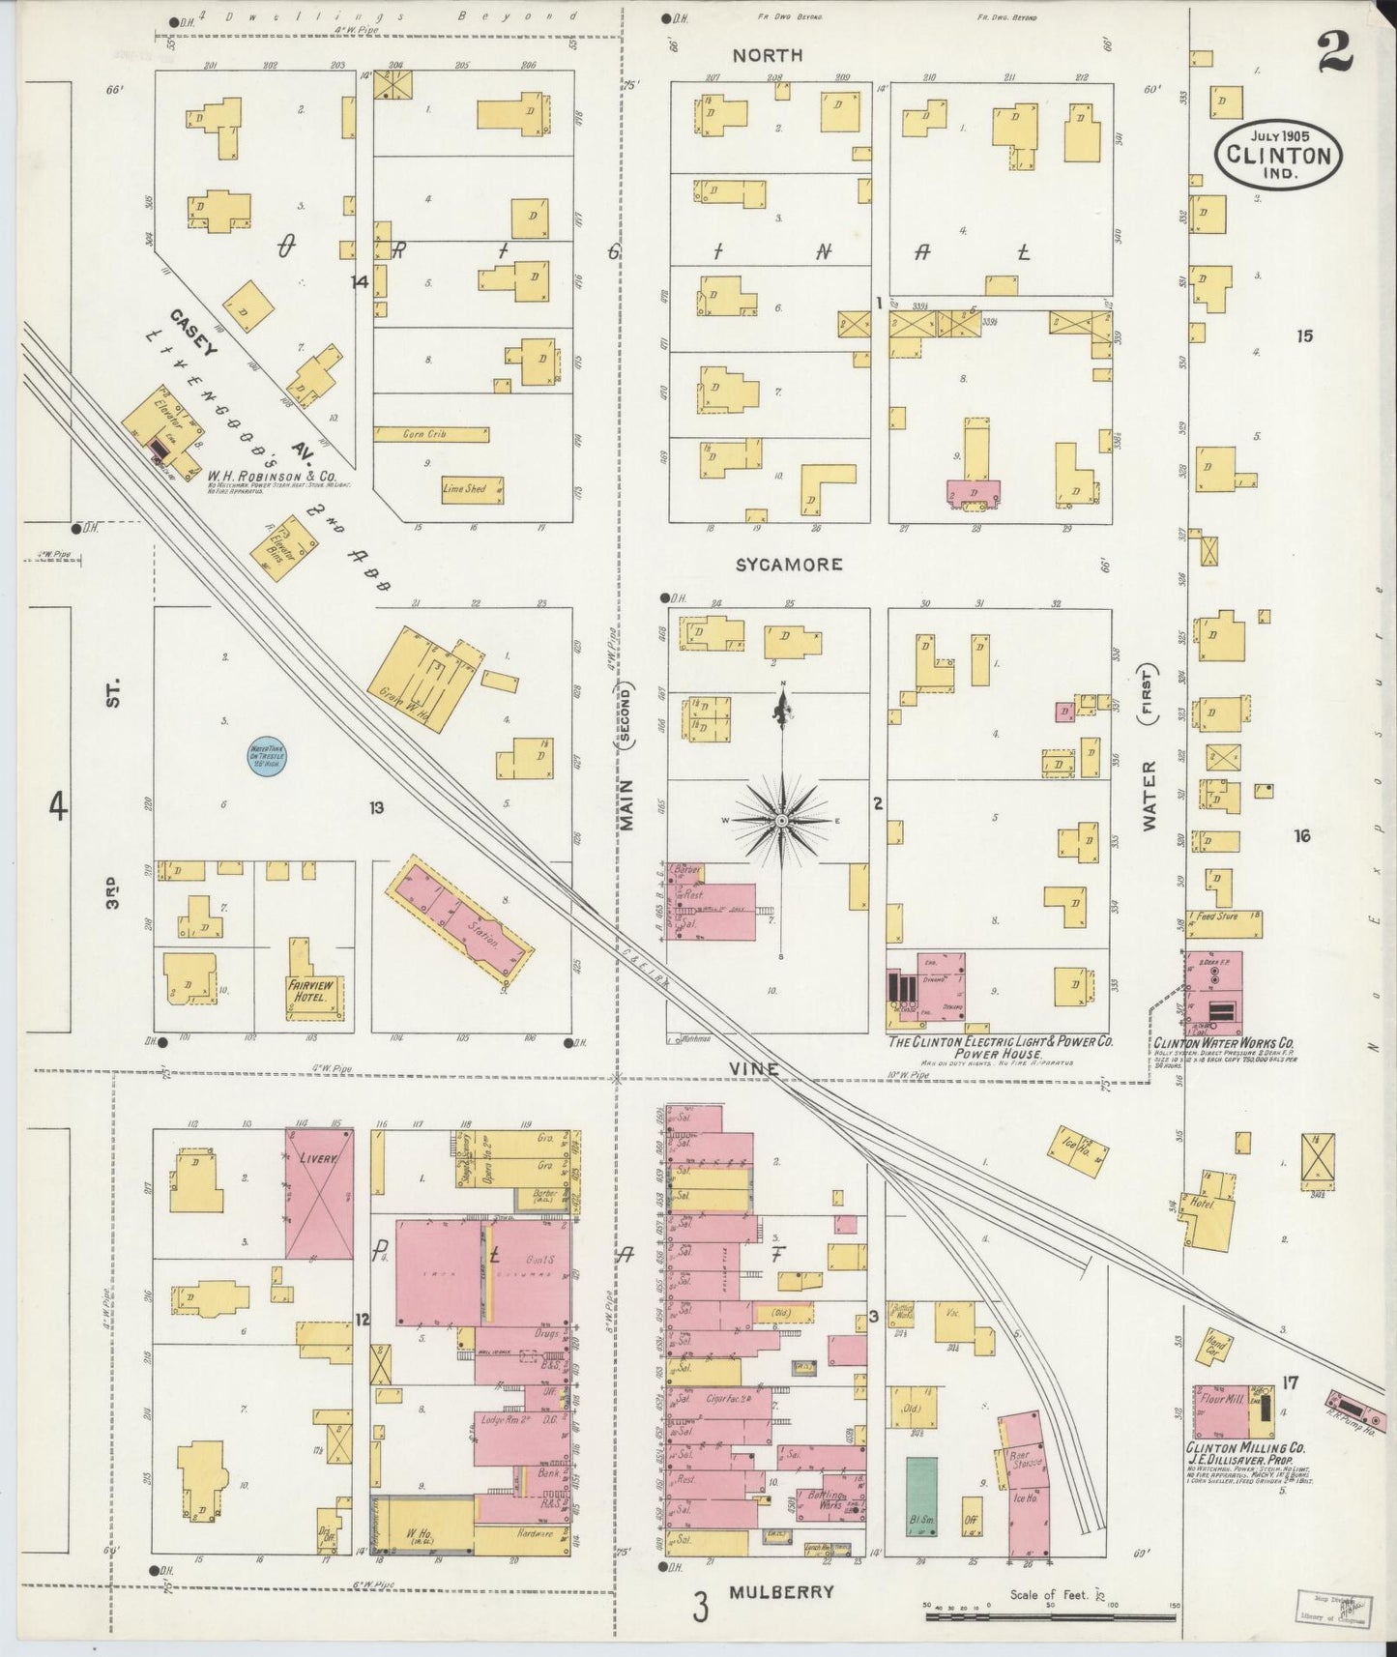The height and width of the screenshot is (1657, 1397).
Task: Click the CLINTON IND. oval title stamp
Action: pos(1278,155)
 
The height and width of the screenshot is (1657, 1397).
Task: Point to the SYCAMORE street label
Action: pos(789,565)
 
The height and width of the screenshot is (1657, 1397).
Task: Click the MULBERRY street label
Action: pos(781,1592)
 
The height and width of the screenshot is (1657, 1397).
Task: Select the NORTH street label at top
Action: pos(767,55)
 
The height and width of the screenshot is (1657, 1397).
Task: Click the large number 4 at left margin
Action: pos(60,804)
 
